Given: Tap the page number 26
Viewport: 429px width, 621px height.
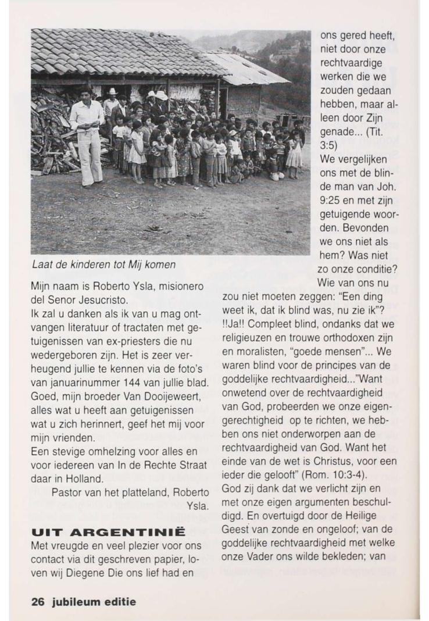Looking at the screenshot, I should pos(38,601).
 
